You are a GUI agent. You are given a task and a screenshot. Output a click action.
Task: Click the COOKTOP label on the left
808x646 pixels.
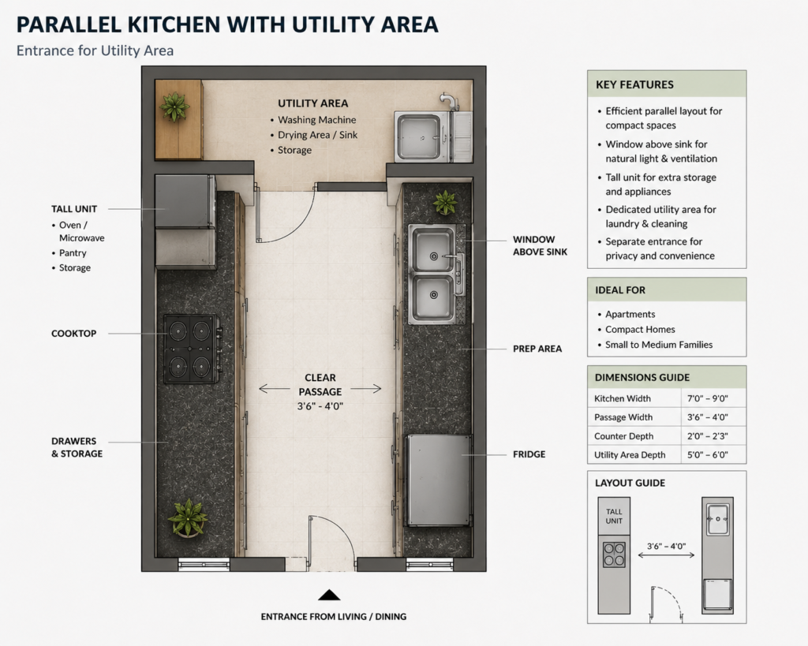pos(73,334)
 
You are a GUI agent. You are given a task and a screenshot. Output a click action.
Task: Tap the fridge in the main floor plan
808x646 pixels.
pos(440,480)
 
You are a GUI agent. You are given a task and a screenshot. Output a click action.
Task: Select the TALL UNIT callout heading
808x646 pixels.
pos(74,209)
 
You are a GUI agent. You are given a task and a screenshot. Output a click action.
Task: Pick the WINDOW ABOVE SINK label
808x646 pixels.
pos(540,246)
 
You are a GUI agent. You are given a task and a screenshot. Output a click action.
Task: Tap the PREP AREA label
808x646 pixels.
pos(537,349)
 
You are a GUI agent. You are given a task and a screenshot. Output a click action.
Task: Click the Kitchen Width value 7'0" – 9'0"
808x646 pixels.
pos(707,398)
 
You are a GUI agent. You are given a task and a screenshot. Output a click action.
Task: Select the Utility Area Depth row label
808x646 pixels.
pos(629,455)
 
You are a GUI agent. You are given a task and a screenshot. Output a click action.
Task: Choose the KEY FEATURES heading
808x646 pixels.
pos(634,84)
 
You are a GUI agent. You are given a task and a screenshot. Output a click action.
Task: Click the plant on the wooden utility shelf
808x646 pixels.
pos(174,106)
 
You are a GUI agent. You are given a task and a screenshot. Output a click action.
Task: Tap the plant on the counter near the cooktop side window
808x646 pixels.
pos(188,517)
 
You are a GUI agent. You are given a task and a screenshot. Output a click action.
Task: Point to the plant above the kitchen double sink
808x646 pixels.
pos(445,202)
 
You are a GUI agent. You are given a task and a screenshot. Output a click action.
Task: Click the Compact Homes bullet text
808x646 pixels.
pos(640,329)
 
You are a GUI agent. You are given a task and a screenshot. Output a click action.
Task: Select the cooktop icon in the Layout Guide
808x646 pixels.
pos(614,555)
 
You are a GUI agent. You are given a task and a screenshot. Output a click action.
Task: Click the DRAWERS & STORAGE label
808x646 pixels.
pos(77,447)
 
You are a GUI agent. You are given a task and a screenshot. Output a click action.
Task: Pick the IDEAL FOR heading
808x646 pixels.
pos(620,290)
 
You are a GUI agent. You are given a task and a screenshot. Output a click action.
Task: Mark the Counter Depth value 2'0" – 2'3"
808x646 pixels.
pos(707,436)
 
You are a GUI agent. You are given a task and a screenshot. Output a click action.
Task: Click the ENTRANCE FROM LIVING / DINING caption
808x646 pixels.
pos(334,617)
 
